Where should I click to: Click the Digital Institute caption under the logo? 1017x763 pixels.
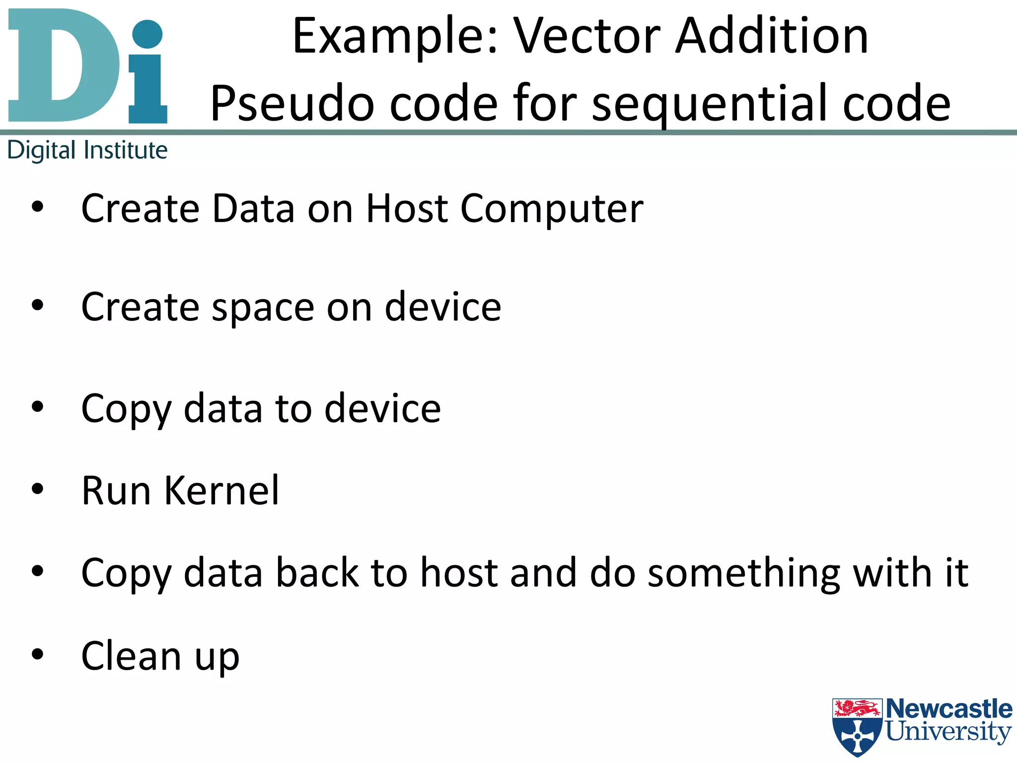(x=87, y=150)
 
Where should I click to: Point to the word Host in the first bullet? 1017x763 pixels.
(x=407, y=209)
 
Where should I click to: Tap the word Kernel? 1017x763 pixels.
(x=221, y=491)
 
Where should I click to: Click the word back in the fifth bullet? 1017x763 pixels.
(x=317, y=573)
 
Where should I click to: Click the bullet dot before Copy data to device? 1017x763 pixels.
(x=38, y=407)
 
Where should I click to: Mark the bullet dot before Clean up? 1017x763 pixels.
(x=38, y=654)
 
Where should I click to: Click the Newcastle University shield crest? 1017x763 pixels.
(x=858, y=727)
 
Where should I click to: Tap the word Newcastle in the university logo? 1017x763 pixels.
(x=949, y=709)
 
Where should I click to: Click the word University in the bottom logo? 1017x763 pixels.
(x=948, y=732)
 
